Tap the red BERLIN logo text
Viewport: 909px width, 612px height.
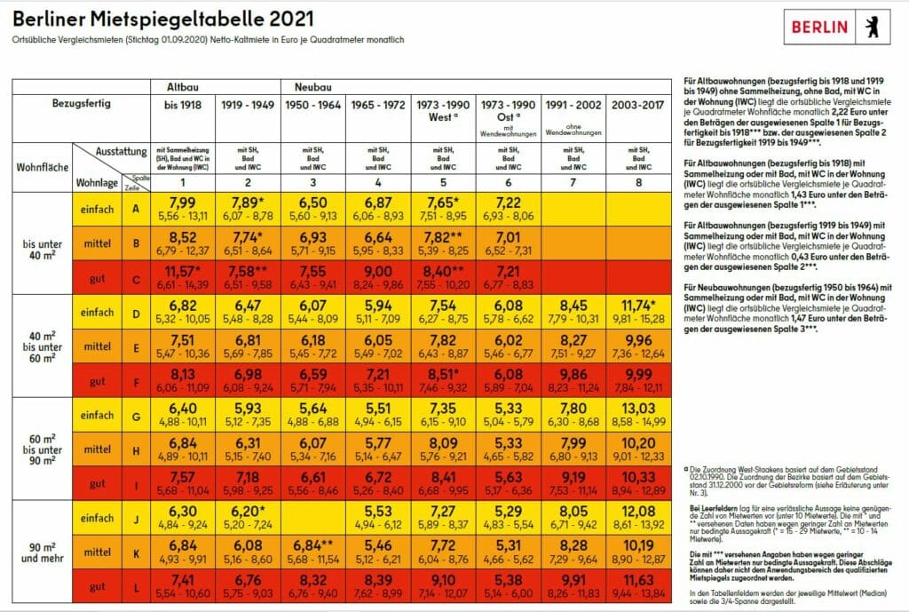point(820,27)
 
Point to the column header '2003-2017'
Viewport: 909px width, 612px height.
point(638,104)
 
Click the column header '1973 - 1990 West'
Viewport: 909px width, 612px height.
point(443,109)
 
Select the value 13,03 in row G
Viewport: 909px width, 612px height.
point(638,408)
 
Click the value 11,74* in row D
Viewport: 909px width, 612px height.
point(638,305)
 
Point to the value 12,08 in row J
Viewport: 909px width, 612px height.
point(638,511)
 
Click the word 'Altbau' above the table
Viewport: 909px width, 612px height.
point(186,87)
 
